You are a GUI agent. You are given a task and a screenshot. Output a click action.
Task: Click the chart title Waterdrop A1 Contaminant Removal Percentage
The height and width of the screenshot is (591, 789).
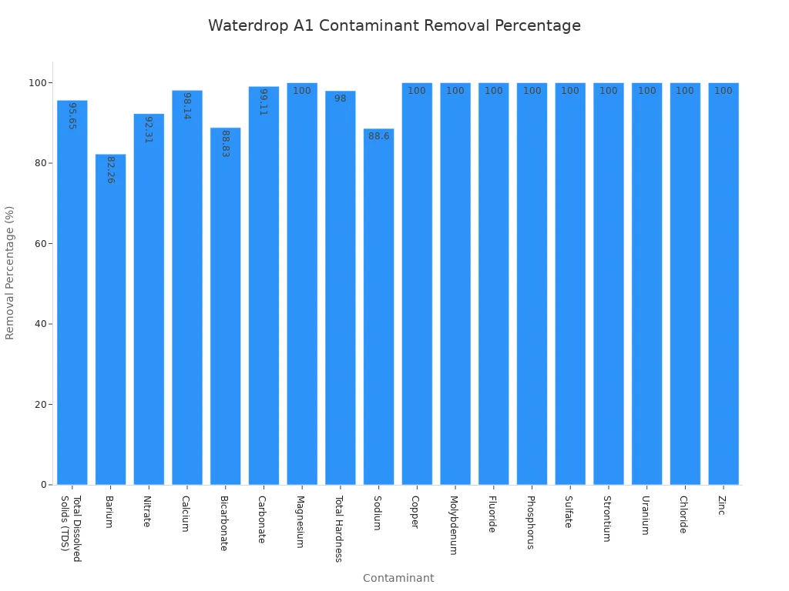(394, 26)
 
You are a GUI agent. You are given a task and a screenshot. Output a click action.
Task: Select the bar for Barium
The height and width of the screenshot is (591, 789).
(110, 323)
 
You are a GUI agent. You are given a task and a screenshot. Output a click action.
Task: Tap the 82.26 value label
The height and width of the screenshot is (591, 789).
(110, 170)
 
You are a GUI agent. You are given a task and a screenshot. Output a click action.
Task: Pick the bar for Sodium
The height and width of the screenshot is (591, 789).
(378, 308)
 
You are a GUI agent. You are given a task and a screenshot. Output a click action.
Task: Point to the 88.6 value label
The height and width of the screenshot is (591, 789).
(378, 136)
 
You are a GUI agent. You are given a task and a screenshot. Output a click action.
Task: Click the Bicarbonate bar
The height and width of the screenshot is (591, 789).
(225, 308)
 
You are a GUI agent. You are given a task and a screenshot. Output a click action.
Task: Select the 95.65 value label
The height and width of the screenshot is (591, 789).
(72, 115)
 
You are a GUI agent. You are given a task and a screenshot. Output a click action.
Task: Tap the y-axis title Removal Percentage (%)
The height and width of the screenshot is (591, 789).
(10, 272)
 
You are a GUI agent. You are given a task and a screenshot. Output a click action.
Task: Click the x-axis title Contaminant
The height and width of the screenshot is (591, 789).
(398, 578)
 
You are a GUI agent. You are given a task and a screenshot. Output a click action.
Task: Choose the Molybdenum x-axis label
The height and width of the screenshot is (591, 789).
(455, 525)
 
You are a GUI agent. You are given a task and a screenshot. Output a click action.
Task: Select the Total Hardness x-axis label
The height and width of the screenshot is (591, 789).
(340, 529)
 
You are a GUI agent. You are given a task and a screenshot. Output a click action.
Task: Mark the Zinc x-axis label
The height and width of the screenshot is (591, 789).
(723, 506)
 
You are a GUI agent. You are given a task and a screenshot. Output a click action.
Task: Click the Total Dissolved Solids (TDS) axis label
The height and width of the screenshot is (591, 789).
(72, 529)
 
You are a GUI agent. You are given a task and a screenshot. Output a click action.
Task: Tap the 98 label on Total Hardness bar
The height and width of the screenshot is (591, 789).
(340, 98)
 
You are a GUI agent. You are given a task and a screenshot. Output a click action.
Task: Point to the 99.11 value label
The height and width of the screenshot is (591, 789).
(264, 102)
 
